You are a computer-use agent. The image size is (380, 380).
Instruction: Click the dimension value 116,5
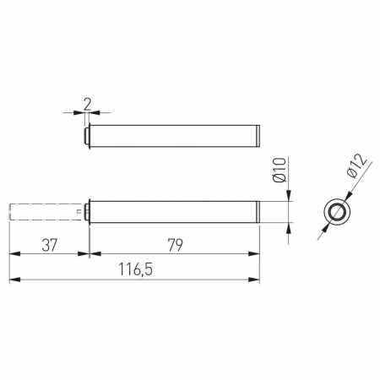136,269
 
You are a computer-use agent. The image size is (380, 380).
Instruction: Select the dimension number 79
175,245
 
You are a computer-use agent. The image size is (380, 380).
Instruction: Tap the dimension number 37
50,245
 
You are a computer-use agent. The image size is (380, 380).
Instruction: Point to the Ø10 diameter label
280,170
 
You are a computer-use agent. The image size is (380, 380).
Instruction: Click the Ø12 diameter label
357,166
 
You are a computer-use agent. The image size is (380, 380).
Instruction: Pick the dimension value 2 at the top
88,104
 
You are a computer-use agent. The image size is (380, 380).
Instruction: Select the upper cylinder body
175,136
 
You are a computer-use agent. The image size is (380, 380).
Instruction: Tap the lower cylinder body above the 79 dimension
175,212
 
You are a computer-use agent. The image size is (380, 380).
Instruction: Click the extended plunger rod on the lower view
47,212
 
